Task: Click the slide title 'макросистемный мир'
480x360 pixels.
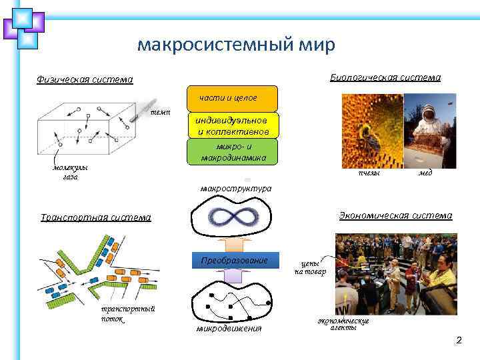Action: click(x=236, y=45)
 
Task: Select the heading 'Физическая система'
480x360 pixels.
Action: click(x=85, y=80)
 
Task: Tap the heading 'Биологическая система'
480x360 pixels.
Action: click(x=385, y=78)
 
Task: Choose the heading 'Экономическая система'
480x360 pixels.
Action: click(x=395, y=215)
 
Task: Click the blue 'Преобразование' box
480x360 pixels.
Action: click(x=234, y=260)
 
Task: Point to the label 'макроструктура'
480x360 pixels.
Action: click(x=236, y=189)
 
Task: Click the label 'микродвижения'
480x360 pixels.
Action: click(x=229, y=329)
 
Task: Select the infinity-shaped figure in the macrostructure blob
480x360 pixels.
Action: click(x=233, y=217)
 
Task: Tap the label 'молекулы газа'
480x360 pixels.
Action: click(x=71, y=173)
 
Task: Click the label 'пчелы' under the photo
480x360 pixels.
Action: click(x=369, y=173)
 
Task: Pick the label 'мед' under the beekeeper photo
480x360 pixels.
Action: click(x=425, y=173)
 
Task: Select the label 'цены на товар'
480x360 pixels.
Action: click(x=310, y=267)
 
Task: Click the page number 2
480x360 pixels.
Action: click(x=458, y=341)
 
